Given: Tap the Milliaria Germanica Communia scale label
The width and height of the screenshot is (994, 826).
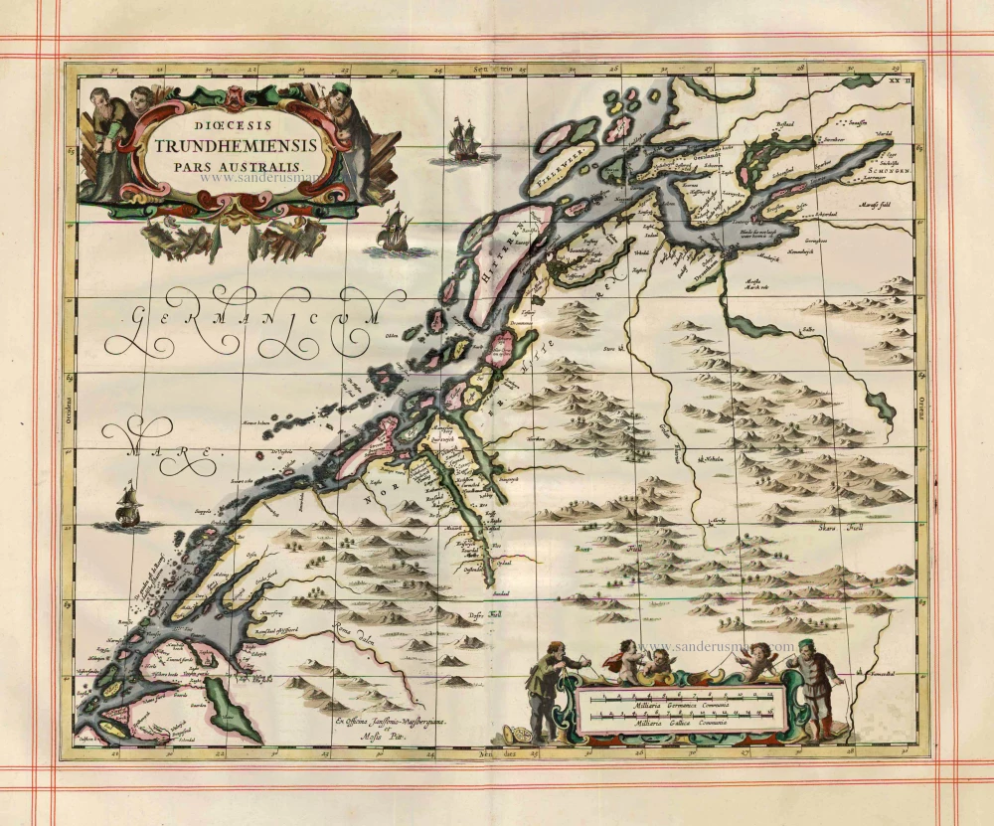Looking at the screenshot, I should coord(672,704).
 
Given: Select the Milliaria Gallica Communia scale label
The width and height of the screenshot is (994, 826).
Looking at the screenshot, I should coord(672,723).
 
